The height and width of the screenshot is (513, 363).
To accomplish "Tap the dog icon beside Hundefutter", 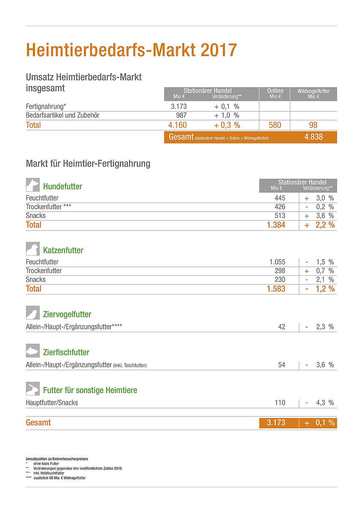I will point(33,185).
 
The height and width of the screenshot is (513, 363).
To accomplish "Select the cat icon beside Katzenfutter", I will point(33,249).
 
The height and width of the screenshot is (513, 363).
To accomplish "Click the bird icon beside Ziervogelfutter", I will point(33,313).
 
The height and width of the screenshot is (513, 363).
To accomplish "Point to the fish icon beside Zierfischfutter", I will point(33,351).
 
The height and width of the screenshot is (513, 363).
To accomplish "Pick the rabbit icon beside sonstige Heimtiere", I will point(33,389).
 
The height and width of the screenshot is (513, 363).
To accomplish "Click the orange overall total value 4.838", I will point(313,137).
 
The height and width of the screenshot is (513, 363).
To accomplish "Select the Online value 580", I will point(275,125).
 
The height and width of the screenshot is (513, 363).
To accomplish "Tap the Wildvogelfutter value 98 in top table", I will point(313,125).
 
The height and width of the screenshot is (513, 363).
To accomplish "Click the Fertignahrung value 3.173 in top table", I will point(179,106).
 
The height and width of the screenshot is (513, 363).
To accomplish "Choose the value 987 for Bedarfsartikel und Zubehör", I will point(181,115).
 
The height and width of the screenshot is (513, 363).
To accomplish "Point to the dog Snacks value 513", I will point(280,216).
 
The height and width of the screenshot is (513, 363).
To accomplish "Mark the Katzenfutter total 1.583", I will point(276,289).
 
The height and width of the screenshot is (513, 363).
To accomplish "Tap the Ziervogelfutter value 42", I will point(281,327).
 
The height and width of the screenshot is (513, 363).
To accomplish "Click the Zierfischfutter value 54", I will point(281,365).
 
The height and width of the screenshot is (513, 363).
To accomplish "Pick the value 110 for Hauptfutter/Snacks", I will point(280,403).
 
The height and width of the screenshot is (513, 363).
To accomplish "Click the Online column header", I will point(275,93).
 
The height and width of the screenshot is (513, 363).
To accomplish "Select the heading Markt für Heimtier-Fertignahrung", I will point(88,164).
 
